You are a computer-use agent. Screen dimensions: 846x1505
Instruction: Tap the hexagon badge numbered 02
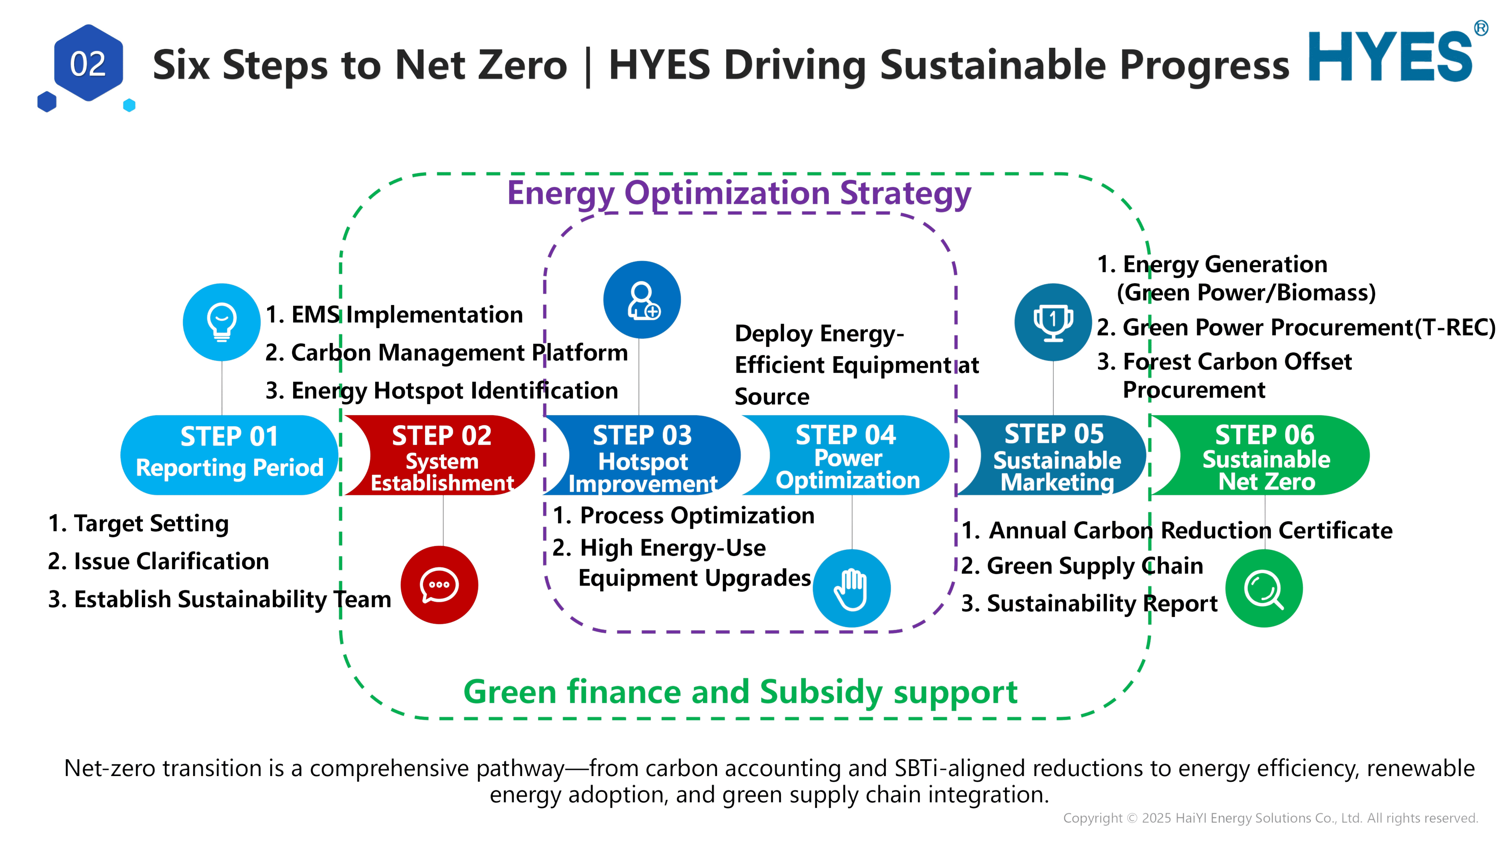point(88,63)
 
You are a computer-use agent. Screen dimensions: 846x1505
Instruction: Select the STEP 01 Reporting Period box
point(229,455)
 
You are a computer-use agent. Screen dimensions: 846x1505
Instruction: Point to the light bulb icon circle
point(222,322)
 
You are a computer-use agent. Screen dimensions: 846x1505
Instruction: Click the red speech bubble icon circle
point(439,585)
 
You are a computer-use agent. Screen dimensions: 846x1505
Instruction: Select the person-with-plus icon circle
point(642,300)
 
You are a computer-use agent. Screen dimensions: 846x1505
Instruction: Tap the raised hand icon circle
point(852,588)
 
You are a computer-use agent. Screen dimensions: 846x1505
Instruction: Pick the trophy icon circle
point(1053,322)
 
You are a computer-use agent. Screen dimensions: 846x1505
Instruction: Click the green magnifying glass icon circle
point(1264,588)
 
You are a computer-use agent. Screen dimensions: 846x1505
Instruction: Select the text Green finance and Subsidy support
point(740,693)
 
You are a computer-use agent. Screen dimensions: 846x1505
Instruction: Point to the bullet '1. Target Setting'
point(138,524)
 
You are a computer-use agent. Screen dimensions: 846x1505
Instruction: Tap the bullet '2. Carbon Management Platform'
point(446,353)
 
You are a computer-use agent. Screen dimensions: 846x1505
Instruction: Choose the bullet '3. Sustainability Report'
point(1090,603)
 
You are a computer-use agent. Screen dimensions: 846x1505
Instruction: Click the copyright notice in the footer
point(1270,818)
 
